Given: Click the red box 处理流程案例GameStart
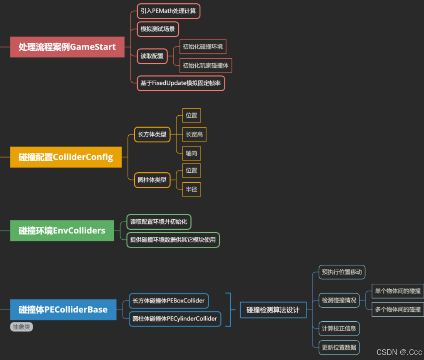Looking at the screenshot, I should coord(67,47).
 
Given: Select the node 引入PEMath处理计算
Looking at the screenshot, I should coord(168,11).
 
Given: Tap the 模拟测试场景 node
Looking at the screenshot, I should coord(158,29).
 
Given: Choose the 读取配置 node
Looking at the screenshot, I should coord(152,56).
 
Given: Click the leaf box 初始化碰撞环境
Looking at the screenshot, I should coord(203,47).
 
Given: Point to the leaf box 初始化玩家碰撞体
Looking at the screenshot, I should coord(206,65).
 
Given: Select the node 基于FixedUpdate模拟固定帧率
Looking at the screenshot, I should coord(181,83).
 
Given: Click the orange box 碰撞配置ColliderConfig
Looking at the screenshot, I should coord(66,157).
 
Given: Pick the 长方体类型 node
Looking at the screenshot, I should coord(152,134).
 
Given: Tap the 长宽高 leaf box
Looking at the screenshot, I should coord(195,134).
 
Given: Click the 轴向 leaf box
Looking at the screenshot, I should coord(192,153).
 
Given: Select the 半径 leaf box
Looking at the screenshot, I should coord(192,189).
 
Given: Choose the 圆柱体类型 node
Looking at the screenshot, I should coord(152,180).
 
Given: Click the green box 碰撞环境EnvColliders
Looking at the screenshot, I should coord(62,231).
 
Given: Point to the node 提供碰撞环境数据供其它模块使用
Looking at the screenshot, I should coord(173,240).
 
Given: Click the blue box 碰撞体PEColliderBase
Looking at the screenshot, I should coord(63,310).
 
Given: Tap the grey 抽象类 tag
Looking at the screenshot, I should coord(21,327).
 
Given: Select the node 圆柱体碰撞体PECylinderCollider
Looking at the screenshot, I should coord(175,319).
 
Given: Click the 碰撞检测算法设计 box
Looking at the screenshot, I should coord(273,310).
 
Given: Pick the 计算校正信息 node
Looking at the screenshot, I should coord(339,328).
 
